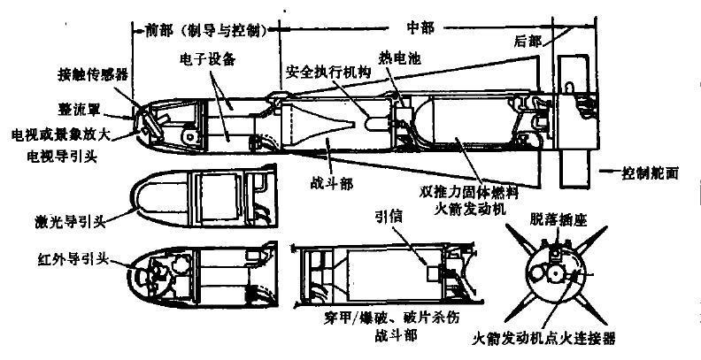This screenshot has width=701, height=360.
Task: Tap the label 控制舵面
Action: tap(650, 173)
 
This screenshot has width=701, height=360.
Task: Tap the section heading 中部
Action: tap(414, 27)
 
